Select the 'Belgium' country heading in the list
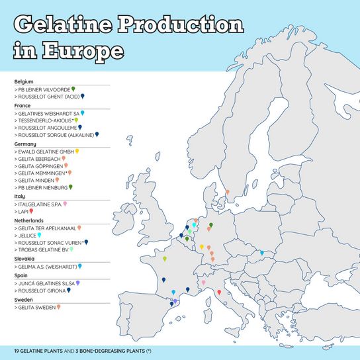24,81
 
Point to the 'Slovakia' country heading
24,259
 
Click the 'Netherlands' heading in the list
28,220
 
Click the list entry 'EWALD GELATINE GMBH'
44,152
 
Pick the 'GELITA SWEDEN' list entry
36,306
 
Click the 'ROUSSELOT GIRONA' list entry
40,290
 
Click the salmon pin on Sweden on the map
227,193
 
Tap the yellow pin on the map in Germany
202,246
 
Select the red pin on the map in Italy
219,292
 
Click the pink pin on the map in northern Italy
204,283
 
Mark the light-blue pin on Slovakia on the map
262,252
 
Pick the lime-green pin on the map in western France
164,259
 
